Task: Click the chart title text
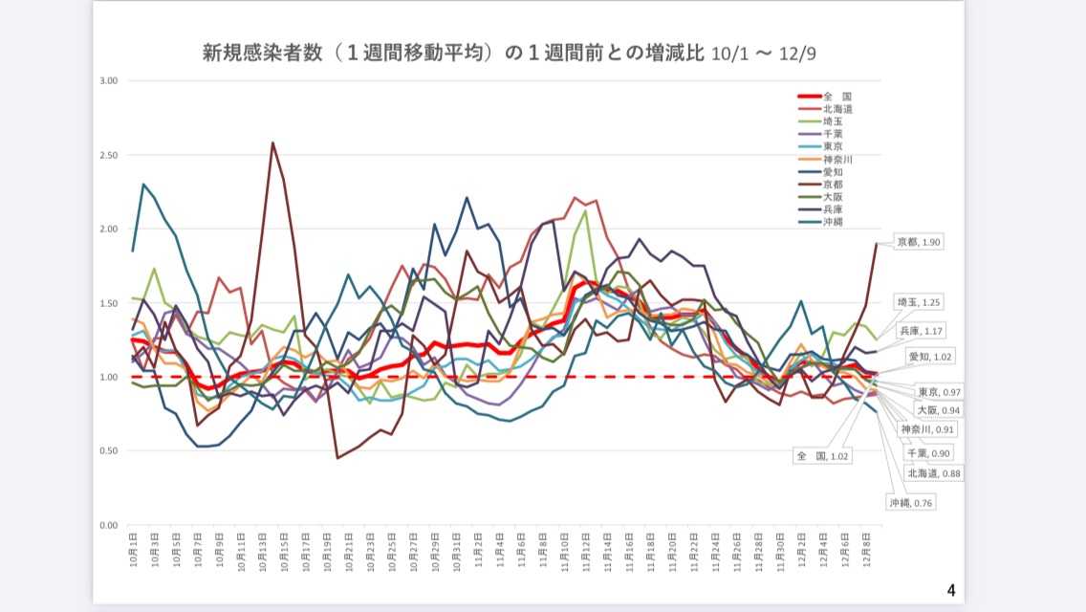pos(510,53)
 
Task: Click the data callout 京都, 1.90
pos(917,243)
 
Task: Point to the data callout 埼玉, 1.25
pos(917,302)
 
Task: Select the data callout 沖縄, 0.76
pos(910,501)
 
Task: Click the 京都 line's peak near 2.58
pos(273,142)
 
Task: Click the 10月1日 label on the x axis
pos(133,548)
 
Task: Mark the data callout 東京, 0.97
pos(939,392)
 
